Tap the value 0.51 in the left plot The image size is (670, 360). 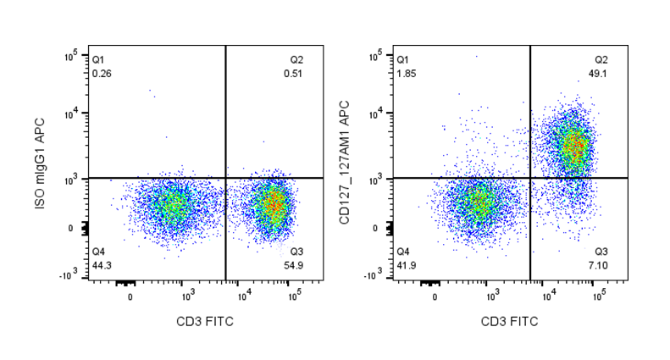[x=292, y=74]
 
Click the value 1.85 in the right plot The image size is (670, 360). [x=406, y=74]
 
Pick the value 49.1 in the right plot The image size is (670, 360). [x=601, y=74]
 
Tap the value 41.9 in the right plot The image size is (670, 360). [x=406, y=265]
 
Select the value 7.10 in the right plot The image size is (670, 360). [x=601, y=265]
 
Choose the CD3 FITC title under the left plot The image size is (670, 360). [x=206, y=322]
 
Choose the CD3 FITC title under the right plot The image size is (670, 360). [x=511, y=322]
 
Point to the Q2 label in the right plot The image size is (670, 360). [x=601, y=60]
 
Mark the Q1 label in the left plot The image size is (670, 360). [x=98, y=60]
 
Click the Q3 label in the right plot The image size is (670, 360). [x=601, y=252]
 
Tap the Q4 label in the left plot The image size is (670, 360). [x=98, y=252]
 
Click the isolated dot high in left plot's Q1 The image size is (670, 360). [x=152, y=90]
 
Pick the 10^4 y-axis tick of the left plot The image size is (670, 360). [x=73, y=113]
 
